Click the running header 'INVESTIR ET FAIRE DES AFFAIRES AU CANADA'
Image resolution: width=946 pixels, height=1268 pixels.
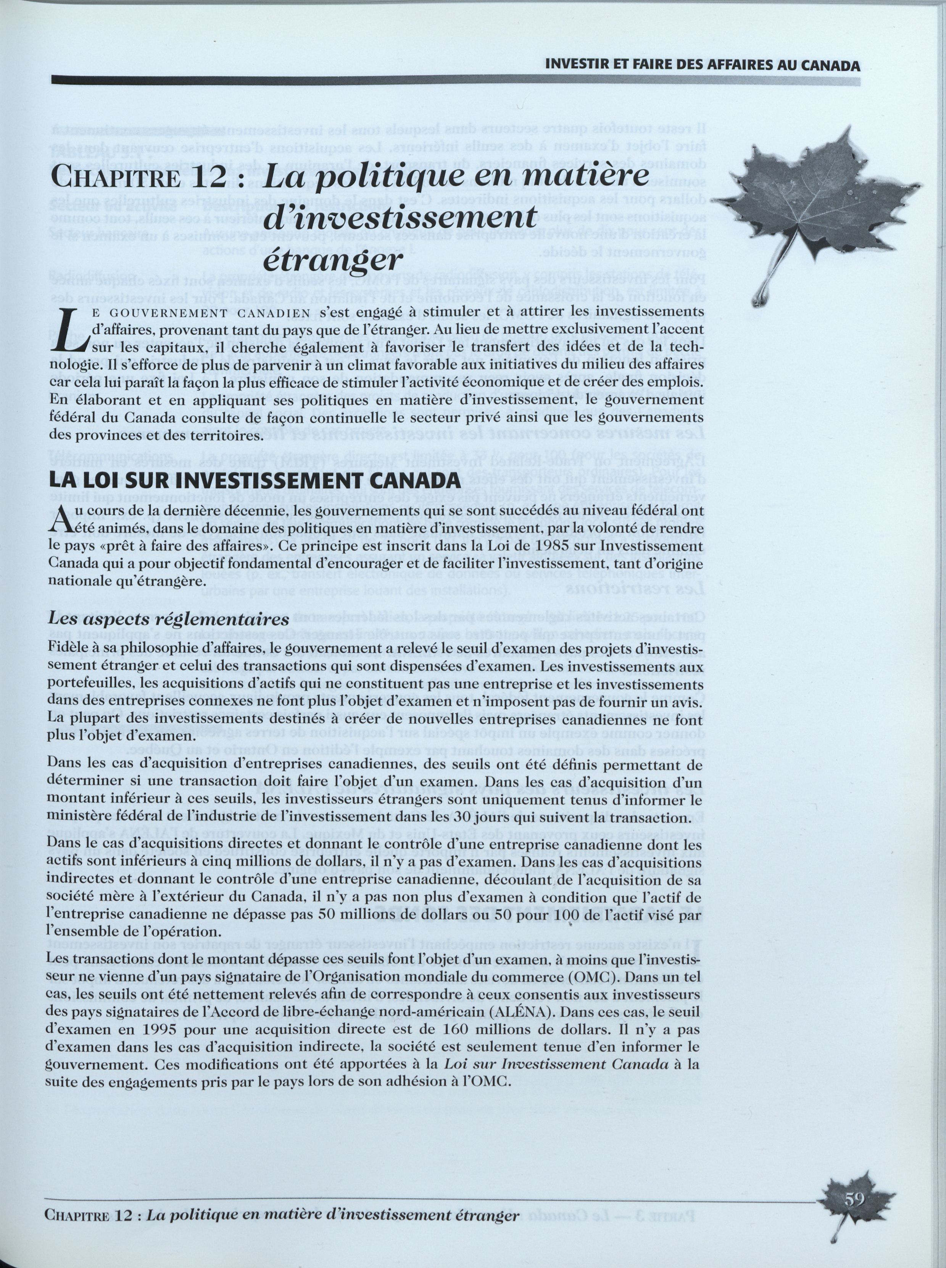(x=702, y=65)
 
